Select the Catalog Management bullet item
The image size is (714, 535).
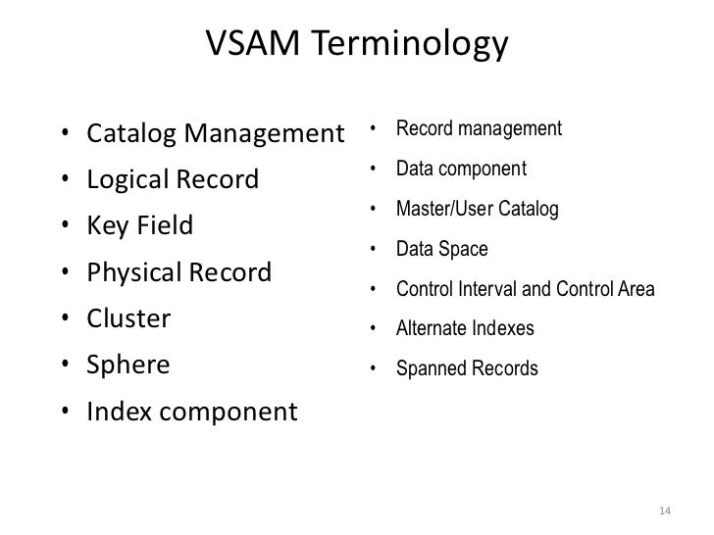[217, 132]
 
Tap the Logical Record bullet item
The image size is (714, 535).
[174, 179]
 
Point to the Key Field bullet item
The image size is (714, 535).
[140, 225]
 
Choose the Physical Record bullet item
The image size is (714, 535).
[179, 271]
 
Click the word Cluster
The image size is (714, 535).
[129, 318]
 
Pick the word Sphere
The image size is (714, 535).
[128, 365]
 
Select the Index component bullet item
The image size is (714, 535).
[191, 412]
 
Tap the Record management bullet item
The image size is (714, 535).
[479, 128]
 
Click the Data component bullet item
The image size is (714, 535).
[461, 169]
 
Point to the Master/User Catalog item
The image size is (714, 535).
[477, 209]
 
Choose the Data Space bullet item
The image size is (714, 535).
[441, 249]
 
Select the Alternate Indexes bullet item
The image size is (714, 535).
[465, 329]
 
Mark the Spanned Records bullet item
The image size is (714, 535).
[467, 369]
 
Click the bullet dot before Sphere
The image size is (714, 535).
[63, 366]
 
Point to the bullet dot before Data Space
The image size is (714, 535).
[374, 250]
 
